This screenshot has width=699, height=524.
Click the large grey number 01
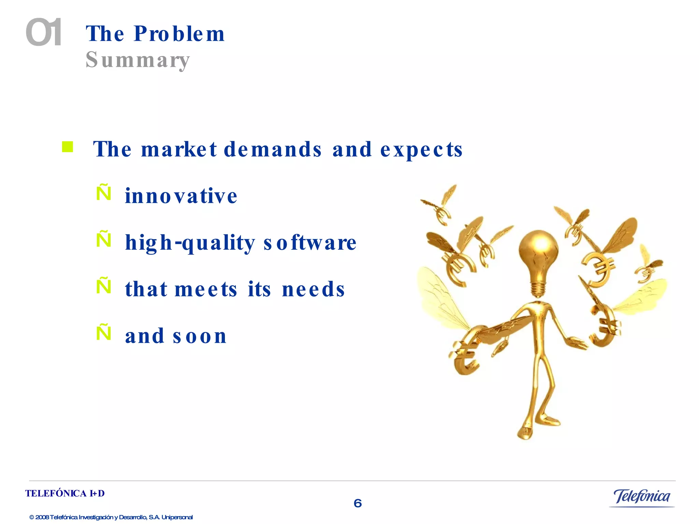click(44, 33)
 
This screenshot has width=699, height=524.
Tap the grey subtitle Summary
click(138, 60)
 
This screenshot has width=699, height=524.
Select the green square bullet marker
click(68, 147)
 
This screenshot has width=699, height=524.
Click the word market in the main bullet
click(179, 149)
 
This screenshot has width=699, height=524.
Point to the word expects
click(421, 150)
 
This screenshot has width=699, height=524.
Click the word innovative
click(181, 196)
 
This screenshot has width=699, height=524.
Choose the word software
click(310, 243)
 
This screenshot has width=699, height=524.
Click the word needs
click(313, 289)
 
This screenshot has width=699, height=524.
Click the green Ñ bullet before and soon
click(104, 332)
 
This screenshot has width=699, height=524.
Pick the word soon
click(200, 336)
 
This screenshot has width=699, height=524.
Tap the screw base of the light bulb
click(539, 288)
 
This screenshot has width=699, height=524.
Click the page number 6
click(357, 503)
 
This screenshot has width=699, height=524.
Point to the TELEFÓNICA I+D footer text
click(65, 493)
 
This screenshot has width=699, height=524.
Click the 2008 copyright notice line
click(111, 517)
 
